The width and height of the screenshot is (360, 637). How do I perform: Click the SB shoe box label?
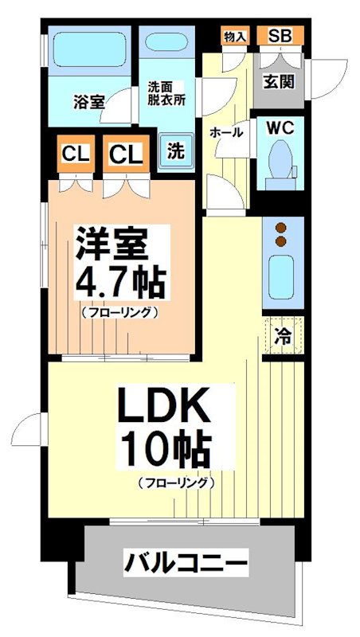point(280,36)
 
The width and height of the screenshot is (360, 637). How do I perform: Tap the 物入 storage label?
point(234,36)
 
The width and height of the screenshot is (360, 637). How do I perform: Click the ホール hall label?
point(226,133)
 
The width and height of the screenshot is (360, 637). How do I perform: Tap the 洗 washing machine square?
point(173,150)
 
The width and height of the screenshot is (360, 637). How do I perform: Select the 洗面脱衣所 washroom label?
point(166,94)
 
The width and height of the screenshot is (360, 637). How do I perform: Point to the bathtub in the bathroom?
point(87,52)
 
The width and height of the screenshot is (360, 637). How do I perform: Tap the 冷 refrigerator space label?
point(282,336)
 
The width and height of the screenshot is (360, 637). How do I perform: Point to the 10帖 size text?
point(165,451)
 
